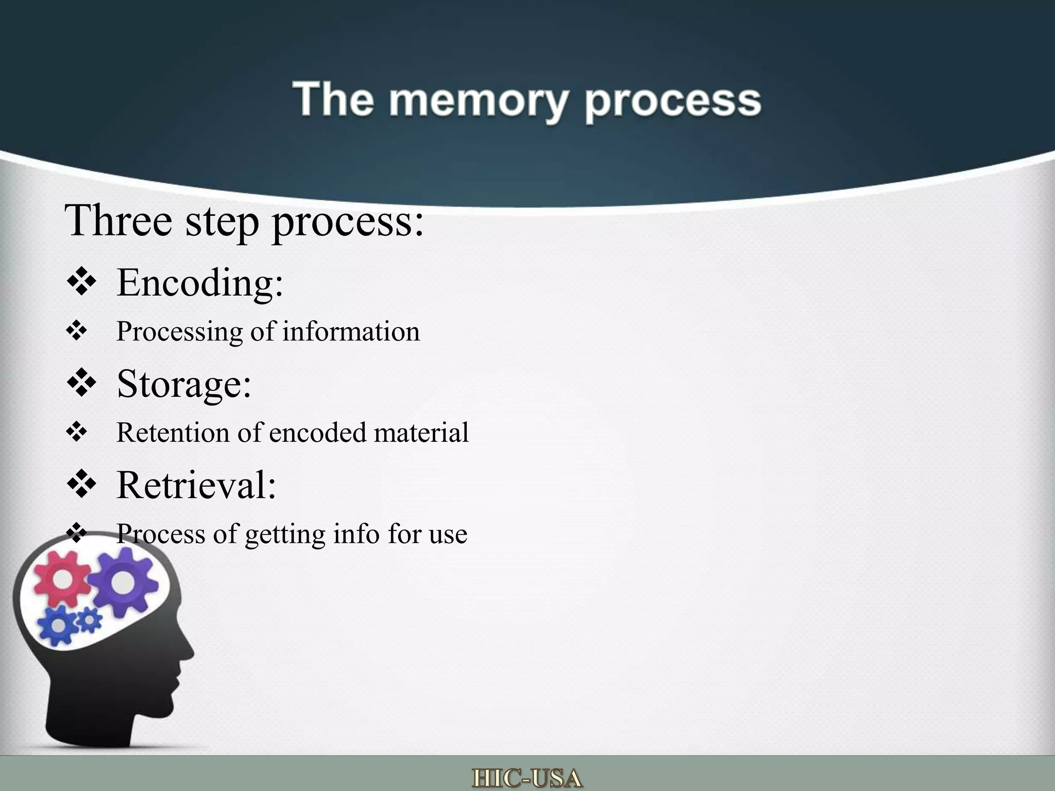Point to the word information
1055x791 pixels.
[351, 331]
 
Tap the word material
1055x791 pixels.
[421, 433]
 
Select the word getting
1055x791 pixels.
[285, 534]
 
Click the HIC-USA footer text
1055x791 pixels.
[527, 778]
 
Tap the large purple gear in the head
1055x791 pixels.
[122, 582]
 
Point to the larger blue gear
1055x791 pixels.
[59, 625]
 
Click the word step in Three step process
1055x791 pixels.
[222, 221]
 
